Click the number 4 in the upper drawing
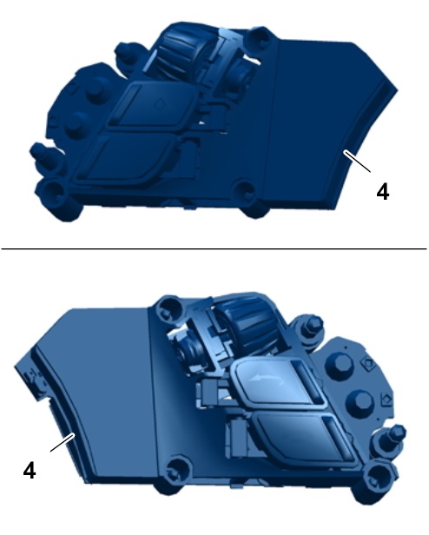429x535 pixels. pyautogui.click(x=383, y=191)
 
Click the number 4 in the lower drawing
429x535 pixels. pyautogui.click(x=30, y=471)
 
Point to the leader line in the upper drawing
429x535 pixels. pyautogui.click(x=357, y=162)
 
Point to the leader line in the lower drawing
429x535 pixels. pyautogui.click(x=63, y=443)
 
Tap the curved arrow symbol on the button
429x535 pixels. pyautogui.click(x=267, y=379)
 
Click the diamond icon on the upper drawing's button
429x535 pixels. pyautogui.click(x=160, y=102)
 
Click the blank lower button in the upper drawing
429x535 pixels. pyautogui.click(x=129, y=158)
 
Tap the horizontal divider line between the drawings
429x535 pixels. pyautogui.click(x=214, y=248)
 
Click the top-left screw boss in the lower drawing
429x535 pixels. pyautogui.click(x=168, y=307)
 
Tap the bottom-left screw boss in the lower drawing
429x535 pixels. pyautogui.click(x=175, y=468)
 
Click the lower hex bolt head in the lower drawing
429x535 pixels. pyautogui.click(x=359, y=403)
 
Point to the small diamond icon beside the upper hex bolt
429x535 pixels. pyautogui.click(x=368, y=363)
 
